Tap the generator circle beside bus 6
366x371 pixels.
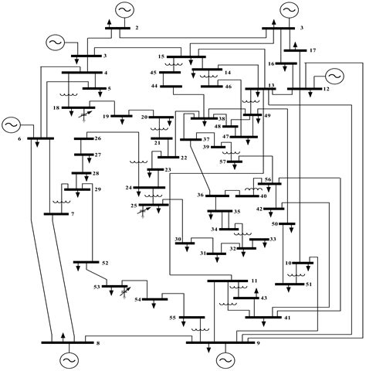click(12, 124)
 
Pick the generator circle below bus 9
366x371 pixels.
click(225, 359)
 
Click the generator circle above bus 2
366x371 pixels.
click(124, 9)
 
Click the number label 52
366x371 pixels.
click(105, 264)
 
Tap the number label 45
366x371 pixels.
click(153, 72)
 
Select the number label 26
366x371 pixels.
click(97, 138)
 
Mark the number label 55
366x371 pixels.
click(172, 318)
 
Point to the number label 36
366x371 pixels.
click(200, 195)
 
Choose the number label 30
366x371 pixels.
click(178, 241)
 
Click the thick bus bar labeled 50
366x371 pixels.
click(288, 223)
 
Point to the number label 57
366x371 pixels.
click(222, 161)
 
